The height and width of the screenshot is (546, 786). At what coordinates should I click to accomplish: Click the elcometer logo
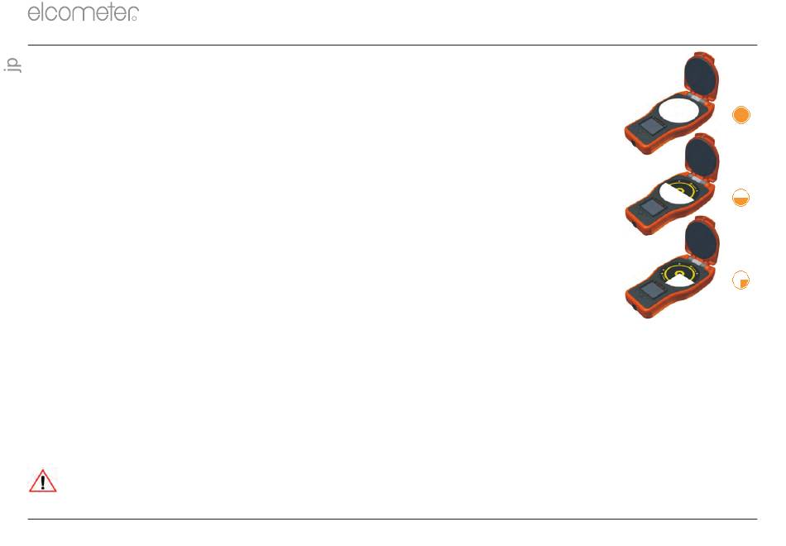point(84,12)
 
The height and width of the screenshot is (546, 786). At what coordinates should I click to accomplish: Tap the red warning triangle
point(42,481)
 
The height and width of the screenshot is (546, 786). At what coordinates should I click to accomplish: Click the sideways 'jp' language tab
point(12,65)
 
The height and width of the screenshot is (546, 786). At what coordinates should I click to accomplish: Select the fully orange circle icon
point(740,115)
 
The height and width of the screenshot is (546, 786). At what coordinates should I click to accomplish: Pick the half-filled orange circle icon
point(740,198)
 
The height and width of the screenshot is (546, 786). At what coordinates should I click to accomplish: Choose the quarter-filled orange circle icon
point(740,280)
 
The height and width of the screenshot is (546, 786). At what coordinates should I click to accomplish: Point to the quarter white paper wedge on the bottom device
point(680,280)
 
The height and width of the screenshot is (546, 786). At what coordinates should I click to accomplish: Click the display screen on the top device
point(651,126)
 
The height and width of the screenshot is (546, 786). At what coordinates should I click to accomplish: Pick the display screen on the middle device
point(652,207)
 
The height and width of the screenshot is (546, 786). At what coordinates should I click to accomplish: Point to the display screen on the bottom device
point(652,290)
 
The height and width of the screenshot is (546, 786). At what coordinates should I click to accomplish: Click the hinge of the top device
point(697,98)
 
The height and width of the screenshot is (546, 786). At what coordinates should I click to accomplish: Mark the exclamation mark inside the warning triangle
point(42,482)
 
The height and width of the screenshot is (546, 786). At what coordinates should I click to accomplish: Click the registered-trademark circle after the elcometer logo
point(134,18)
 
